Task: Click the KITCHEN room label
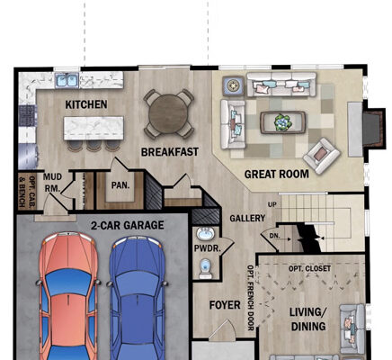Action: coord(86,105)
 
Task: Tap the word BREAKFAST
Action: coord(169,152)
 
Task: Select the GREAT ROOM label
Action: coord(277,174)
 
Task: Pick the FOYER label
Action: coord(224,305)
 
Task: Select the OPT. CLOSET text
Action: coord(309,269)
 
